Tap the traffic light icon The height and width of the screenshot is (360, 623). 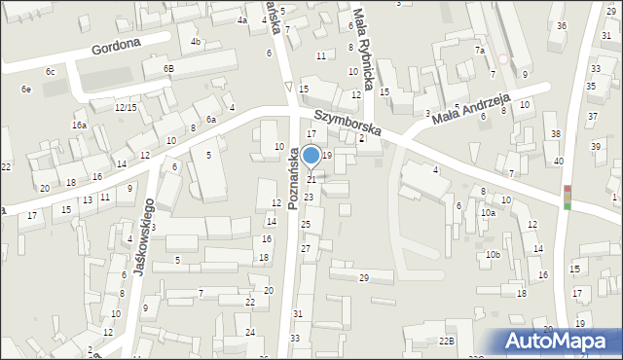567,198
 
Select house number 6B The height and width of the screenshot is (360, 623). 168,69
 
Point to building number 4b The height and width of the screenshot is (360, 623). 196,42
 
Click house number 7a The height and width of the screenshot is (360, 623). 479,50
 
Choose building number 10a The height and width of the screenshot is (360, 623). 487,212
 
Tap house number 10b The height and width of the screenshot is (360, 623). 494,255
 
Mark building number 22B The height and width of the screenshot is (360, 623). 446,341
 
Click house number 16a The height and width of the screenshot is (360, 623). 79,126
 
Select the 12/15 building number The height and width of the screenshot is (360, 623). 125,107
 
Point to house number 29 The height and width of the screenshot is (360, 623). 363,278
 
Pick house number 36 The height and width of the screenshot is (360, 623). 562,25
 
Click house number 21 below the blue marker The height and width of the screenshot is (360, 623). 311,179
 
